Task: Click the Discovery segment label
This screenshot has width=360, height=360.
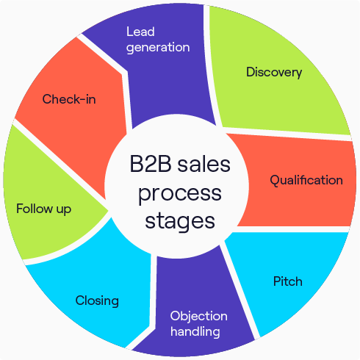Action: click(274, 72)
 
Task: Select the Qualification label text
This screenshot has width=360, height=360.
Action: click(306, 180)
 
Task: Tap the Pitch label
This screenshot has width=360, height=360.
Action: click(288, 281)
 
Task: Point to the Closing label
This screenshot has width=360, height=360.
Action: click(97, 300)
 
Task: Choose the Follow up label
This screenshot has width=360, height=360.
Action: click(43, 209)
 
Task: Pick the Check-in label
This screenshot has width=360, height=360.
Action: click(69, 99)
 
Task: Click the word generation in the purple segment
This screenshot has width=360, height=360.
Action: click(158, 47)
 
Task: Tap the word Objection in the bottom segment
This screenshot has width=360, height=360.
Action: click(198, 316)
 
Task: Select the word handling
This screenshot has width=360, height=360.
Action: click(195, 331)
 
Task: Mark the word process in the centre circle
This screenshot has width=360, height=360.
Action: click(179, 193)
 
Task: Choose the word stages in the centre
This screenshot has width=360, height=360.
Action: click(179, 220)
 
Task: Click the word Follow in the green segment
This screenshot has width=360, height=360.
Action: click(34, 209)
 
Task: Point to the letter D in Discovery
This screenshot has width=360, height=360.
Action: click(251, 72)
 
